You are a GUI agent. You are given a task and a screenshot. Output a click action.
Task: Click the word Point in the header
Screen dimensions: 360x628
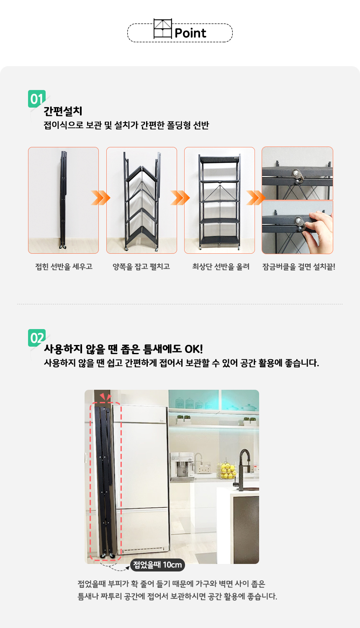pos(190,33)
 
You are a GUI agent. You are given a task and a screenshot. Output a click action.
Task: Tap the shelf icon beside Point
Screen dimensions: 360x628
pos(162,28)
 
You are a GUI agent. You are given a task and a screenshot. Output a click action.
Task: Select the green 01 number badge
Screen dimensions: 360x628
pos(37,99)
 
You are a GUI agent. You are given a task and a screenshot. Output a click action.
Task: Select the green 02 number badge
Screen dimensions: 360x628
pos(37,338)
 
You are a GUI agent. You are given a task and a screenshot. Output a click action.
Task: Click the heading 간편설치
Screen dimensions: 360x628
pos(63,111)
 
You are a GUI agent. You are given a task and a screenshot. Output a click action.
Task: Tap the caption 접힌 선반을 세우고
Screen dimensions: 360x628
pos(64,266)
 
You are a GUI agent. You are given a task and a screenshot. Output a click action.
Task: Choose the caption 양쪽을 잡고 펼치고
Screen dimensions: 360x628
pos(141,266)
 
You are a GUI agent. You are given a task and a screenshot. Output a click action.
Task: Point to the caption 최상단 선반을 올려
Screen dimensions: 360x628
pos(221,266)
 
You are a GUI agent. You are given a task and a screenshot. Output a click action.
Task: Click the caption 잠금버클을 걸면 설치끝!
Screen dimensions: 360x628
pos(298,266)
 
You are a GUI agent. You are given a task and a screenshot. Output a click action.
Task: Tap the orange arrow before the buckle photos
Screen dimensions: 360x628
pos(256,198)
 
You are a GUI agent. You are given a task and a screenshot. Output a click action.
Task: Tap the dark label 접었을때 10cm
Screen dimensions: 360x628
pos(157,565)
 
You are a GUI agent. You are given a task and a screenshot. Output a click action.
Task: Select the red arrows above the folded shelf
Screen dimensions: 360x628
pos(106,396)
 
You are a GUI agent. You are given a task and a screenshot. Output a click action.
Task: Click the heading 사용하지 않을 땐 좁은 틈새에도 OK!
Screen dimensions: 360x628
pos(123,349)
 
